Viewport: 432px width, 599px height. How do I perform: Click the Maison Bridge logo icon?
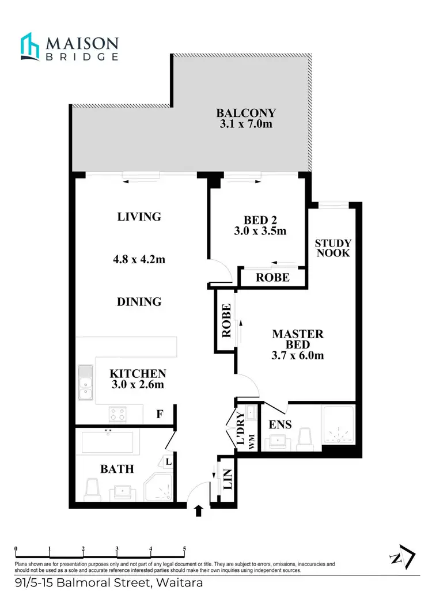tap(31, 46)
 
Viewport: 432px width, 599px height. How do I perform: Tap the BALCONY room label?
tap(246, 113)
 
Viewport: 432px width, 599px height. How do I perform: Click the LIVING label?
tap(139, 217)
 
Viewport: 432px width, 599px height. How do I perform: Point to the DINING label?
tap(139, 301)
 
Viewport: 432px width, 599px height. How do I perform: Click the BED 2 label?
tap(256, 220)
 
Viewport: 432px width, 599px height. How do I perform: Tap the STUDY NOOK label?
tap(333, 248)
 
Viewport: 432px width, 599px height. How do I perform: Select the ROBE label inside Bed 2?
tap(272, 277)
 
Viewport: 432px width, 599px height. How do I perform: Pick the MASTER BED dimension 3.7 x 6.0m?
tap(298, 355)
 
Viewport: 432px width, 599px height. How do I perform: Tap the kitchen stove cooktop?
tap(118, 413)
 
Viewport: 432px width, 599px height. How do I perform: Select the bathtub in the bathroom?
tap(108, 442)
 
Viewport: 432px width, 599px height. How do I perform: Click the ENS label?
tap(280, 425)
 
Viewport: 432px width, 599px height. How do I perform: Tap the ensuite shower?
tap(340, 426)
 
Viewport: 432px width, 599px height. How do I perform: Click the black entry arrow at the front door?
tap(199, 510)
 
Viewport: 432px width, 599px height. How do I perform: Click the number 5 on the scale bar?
tap(184, 549)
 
